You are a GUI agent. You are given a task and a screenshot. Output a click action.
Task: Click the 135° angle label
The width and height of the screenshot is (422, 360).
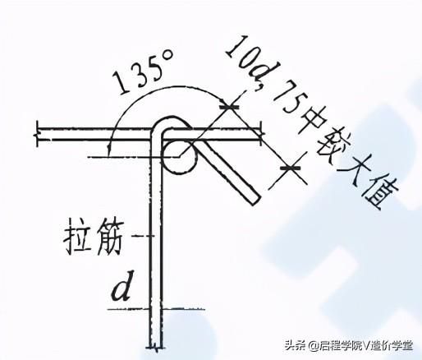click(143, 71)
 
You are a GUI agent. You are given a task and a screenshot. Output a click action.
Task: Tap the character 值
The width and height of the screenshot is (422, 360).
click(380, 195)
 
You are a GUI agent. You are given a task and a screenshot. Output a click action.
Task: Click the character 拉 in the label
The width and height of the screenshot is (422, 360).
click(77, 237)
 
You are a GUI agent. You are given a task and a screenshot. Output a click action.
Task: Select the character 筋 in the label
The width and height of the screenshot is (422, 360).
click(108, 237)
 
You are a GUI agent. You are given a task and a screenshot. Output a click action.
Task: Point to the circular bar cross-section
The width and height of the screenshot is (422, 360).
click(180, 157)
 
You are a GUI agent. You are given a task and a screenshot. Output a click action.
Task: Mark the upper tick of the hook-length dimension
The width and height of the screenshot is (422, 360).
click(229, 107)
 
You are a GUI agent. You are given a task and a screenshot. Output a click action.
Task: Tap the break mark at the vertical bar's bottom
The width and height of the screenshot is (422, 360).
click(156, 349)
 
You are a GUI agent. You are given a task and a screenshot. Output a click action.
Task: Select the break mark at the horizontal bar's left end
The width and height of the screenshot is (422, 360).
click(36, 135)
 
